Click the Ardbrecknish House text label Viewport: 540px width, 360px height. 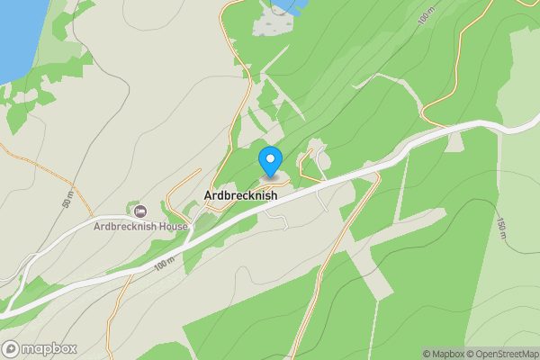[141, 226]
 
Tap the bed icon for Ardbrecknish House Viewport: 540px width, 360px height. [140, 211]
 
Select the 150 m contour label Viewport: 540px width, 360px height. [500, 230]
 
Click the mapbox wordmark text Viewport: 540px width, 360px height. [49, 348]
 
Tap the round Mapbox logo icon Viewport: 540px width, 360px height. [12, 348]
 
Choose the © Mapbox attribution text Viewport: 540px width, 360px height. [445, 354]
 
